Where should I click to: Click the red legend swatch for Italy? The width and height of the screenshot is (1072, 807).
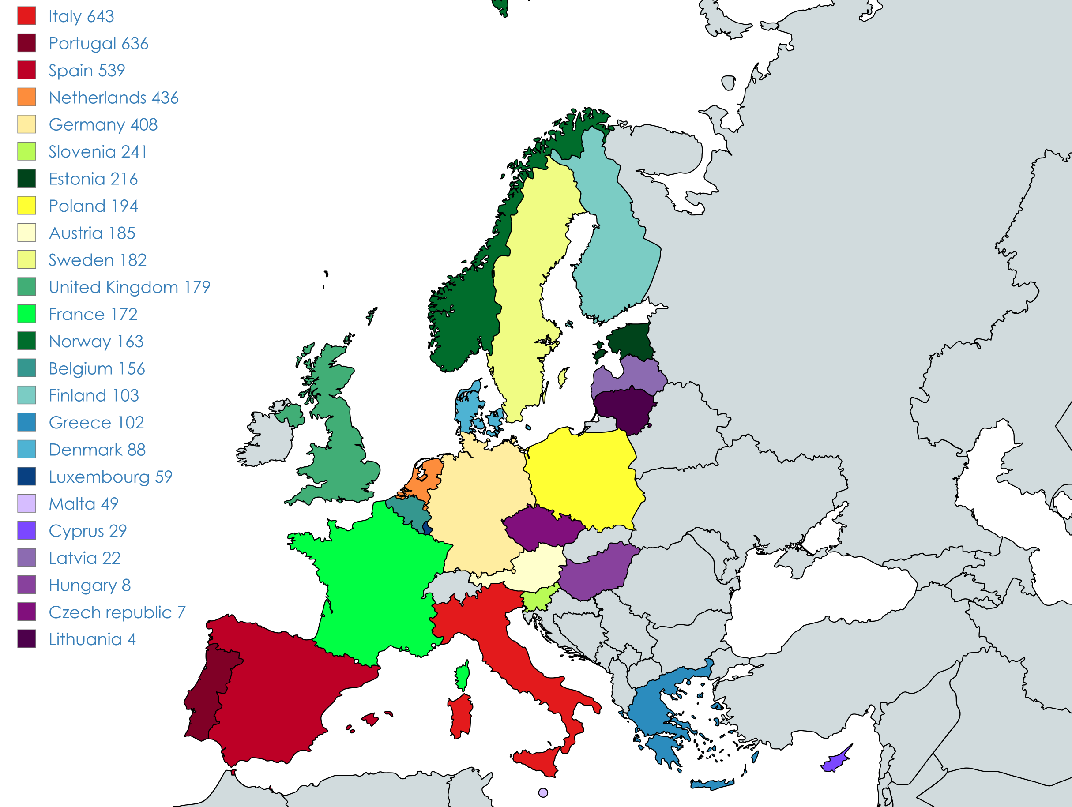26,16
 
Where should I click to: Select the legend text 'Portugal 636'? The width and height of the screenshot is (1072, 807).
98,44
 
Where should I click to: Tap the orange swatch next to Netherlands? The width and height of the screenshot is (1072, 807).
26,98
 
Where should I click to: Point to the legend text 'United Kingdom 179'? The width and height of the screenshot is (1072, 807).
129,287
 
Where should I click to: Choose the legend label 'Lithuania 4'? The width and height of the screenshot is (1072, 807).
92,639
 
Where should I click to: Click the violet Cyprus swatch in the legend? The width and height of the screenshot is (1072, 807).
26,531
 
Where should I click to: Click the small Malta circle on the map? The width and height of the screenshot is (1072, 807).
543,793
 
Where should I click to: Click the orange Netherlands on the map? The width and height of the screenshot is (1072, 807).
426,477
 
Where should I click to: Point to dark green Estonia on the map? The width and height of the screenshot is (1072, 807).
630,342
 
